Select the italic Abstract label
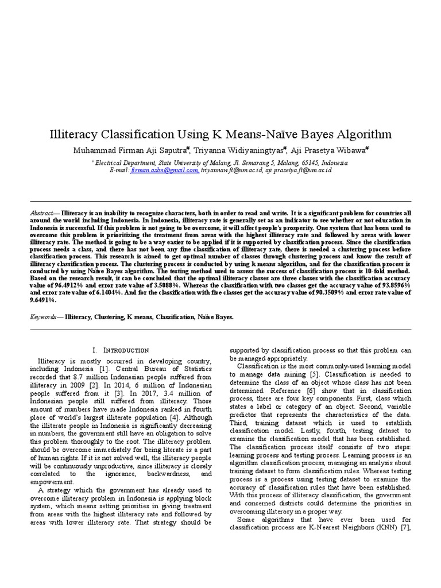(x=43, y=213)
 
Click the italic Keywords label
(x=45, y=316)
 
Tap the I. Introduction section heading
(x=121, y=350)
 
